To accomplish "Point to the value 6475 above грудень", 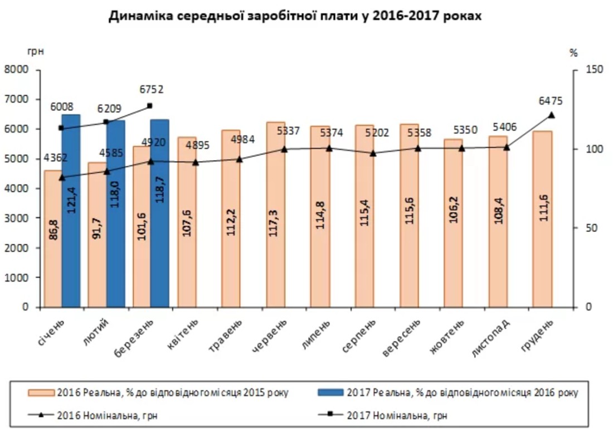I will (x=551, y=101).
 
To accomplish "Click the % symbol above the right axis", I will (x=573, y=53).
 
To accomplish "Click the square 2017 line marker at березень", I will (x=150, y=105).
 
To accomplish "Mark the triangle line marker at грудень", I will (x=552, y=115).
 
